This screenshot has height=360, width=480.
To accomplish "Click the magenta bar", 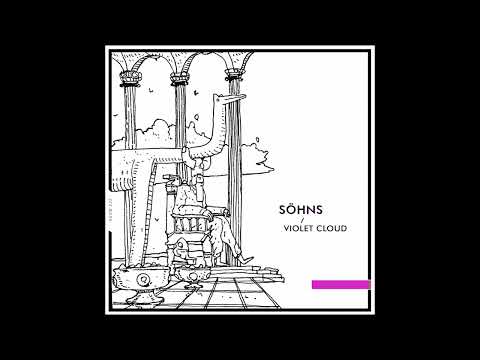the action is pos(340,284).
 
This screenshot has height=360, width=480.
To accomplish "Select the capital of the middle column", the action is pos(182,79).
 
